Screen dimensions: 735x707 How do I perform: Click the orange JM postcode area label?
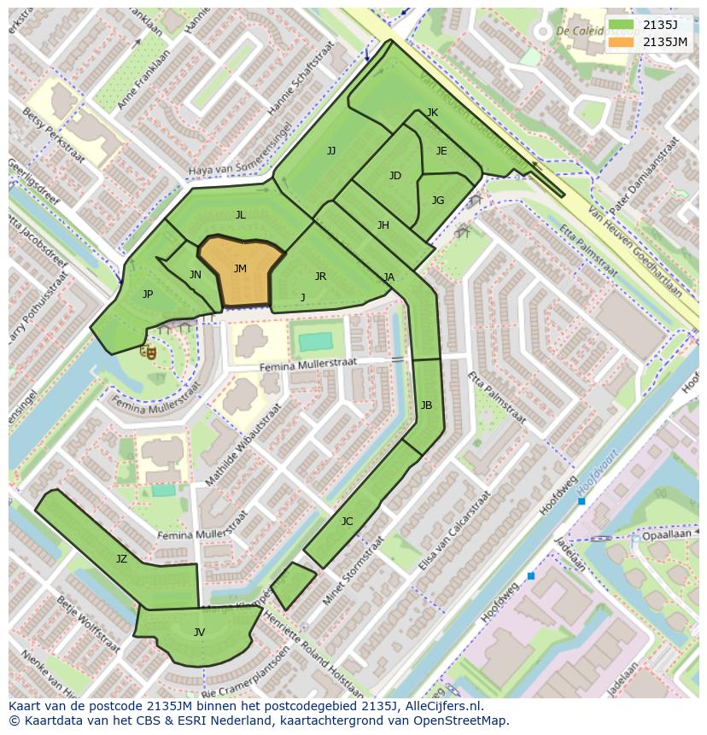pyautogui.click(x=240, y=269)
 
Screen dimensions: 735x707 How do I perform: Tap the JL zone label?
pyautogui.click(x=240, y=215)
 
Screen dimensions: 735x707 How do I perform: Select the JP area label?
pyautogui.click(x=148, y=295)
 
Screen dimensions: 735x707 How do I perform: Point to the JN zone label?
pyautogui.click(x=196, y=275)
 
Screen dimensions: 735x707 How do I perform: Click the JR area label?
pyautogui.click(x=320, y=277)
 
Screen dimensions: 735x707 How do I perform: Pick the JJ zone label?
pyautogui.click(x=331, y=151)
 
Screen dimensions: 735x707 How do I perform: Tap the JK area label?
pyautogui.click(x=432, y=113)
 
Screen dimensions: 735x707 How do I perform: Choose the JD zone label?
pyautogui.click(x=394, y=176)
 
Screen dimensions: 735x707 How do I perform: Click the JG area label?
pyautogui.click(x=438, y=201)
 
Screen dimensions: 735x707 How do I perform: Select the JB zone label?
pyautogui.click(x=426, y=405)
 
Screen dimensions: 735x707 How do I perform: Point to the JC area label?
pyautogui.click(x=347, y=522)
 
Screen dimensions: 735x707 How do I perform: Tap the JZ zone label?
pyautogui.click(x=121, y=559)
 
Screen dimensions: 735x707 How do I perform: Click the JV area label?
pyautogui.click(x=199, y=633)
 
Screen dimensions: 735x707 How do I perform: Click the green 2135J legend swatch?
pyautogui.click(x=622, y=25)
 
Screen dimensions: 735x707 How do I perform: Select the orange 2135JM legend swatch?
pyautogui.click(x=622, y=42)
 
